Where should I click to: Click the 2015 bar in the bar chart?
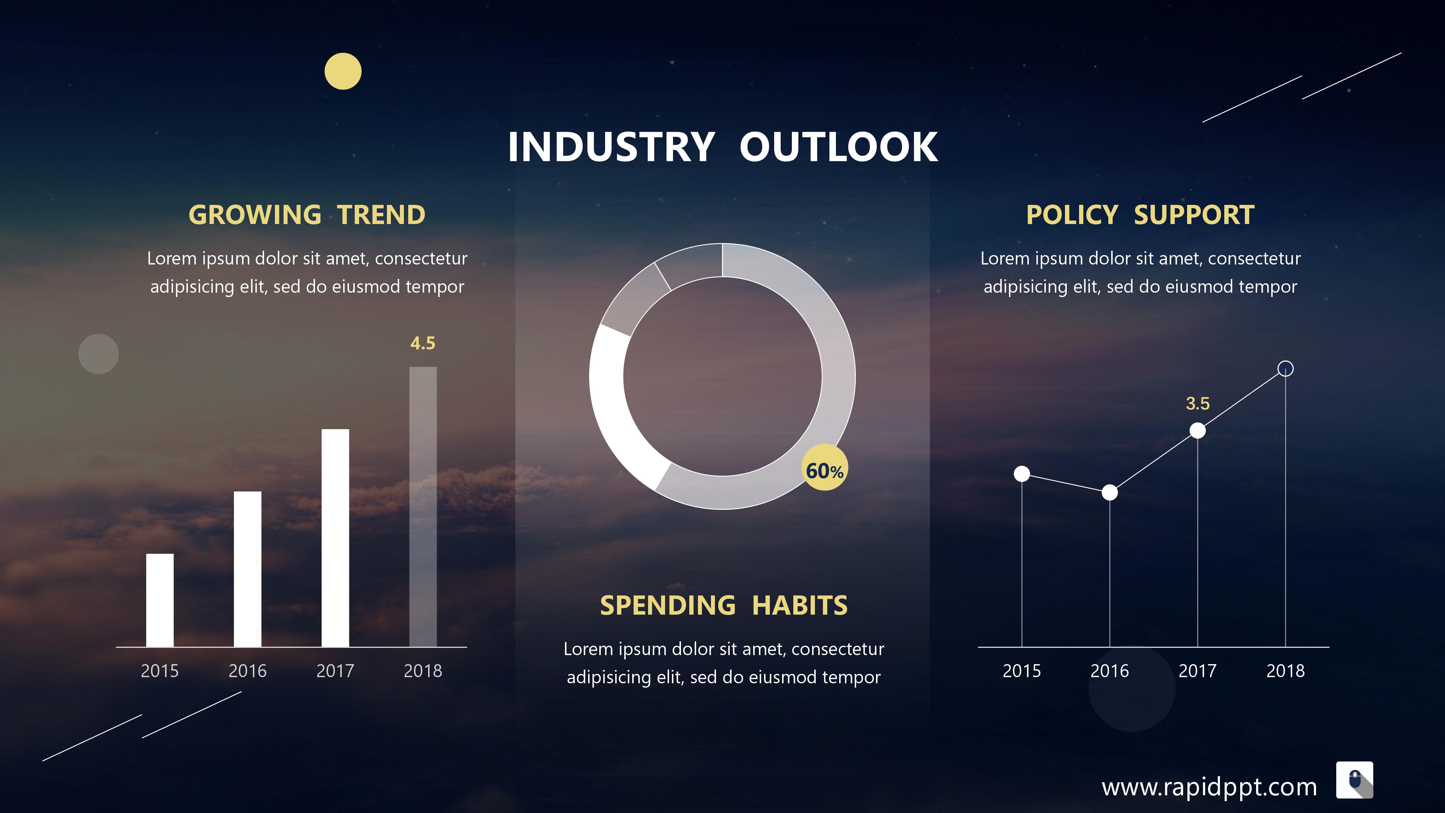coord(160,600)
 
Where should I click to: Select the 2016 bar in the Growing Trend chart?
coord(247,569)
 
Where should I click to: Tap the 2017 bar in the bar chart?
coord(335,538)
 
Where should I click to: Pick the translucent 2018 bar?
coord(423,507)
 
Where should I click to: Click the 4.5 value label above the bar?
coord(423,343)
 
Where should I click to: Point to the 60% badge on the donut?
coord(825,467)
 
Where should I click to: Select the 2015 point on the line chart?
coord(1022,474)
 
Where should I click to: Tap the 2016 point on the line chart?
coord(1109,492)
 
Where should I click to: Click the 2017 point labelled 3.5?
coord(1198,430)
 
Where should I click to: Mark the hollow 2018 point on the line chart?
coord(1286,369)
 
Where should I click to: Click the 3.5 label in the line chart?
coord(1198,403)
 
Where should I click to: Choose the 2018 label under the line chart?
coord(1286,671)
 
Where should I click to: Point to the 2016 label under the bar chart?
coord(247,671)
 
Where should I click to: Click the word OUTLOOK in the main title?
coord(838,147)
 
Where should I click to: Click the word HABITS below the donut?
coord(800,605)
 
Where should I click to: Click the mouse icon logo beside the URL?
coord(1355,780)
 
